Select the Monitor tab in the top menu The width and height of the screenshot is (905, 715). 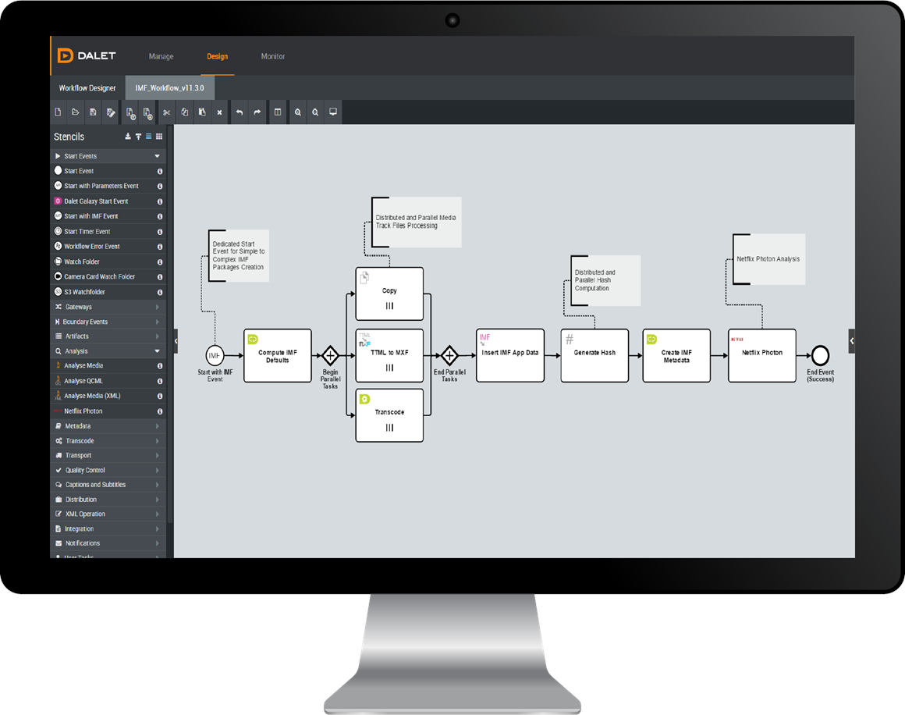click(x=273, y=56)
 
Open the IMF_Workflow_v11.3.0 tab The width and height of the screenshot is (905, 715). click(x=169, y=88)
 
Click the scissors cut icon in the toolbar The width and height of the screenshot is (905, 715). click(x=166, y=112)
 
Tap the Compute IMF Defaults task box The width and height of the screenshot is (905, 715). click(x=277, y=355)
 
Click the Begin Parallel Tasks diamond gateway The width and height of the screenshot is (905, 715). click(x=330, y=355)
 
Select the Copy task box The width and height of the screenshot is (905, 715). click(x=389, y=293)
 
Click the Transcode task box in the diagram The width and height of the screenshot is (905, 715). click(x=389, y=414)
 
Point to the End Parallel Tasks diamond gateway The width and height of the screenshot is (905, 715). click(x=449, y=355)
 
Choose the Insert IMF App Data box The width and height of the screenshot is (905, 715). click(x=509, y=355)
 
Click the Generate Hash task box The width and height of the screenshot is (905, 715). click(x=594, y=355)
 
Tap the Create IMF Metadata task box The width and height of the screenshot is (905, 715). click(x=676, y=355)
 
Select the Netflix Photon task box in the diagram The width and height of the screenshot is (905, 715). click(x=761, y=355)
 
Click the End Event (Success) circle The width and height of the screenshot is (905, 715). click(x=820, y=356)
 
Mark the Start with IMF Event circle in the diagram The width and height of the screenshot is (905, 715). click(x=215, y=355)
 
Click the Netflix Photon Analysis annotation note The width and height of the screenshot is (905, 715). click(x=768, y=259)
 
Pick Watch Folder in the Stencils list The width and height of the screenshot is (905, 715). click(x=82, y=261)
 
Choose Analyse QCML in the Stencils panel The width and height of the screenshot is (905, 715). click(x=83, y=381)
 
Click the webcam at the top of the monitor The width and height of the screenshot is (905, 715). click(x=452, y=19)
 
